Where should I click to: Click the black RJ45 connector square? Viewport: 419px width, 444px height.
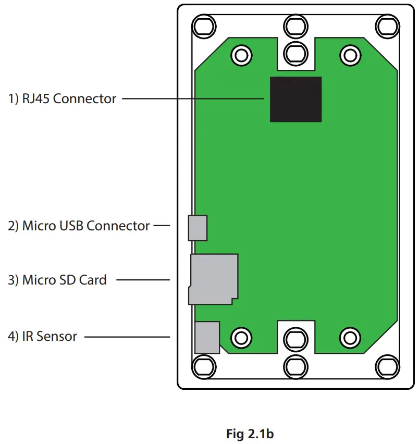(295, 99)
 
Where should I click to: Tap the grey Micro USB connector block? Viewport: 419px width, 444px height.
(198, 228)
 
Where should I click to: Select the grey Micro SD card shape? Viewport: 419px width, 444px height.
(214, 279)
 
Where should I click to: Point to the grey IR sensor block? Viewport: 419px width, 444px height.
(207, 337)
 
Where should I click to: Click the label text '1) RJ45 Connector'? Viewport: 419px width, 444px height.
(62, 98)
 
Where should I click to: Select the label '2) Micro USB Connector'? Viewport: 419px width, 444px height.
(79, 226)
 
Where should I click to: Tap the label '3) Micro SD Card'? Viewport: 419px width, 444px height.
(57, 280)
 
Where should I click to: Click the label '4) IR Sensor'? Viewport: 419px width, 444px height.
(42, 337)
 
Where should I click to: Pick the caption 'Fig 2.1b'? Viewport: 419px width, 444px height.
(250, 434)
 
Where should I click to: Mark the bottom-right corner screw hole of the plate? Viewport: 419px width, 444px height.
(387, 366)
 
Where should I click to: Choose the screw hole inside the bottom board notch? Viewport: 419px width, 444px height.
(295, 340)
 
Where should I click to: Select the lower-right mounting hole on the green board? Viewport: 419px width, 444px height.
(350, 338)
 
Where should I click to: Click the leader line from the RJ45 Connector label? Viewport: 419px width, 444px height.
(193, 98)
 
